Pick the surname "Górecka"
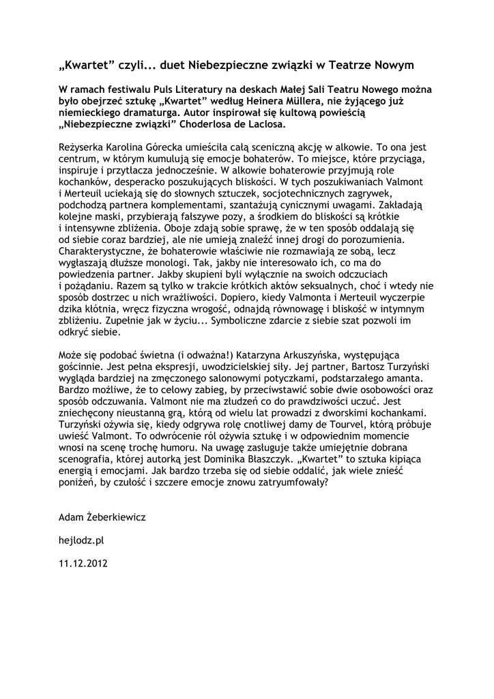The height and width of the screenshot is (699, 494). point(177,147)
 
